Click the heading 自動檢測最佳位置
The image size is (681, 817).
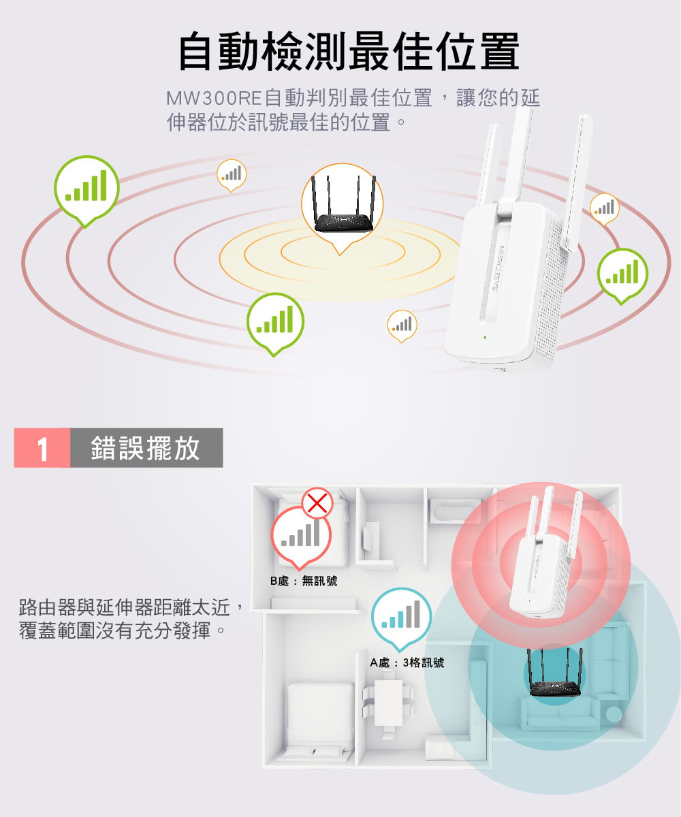click(349, 52)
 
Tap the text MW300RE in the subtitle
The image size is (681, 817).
click(214, 98)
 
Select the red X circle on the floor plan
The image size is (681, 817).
click(317, 504)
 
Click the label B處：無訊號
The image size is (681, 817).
click(303, 581)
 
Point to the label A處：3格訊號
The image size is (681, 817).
click(407, 663)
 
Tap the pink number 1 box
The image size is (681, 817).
click(42, 448)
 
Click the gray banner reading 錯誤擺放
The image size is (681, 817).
click(146, 448)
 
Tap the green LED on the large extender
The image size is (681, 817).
click(485, 337)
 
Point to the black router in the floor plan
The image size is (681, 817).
click(554, 673)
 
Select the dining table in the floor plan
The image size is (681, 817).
click(388, 703)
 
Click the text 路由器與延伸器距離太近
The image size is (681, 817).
click(125, 608)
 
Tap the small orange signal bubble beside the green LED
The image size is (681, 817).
click(402, 326)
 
